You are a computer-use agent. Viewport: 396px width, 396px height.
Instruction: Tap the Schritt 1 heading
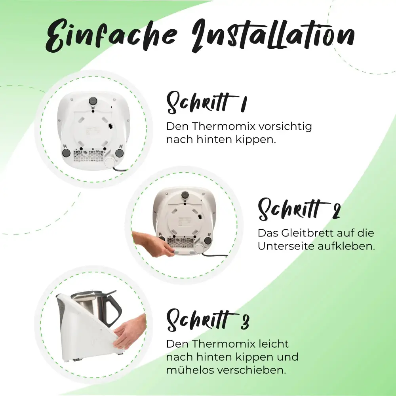click(206, 103)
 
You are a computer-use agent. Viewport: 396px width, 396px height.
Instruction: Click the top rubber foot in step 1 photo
click(93, 101)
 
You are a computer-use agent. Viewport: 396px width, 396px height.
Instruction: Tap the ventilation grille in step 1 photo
click(88, 156)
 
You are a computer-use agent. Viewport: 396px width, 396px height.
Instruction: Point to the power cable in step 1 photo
click(120, 168)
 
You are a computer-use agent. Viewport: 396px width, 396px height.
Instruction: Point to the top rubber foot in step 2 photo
click(185, 195)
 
